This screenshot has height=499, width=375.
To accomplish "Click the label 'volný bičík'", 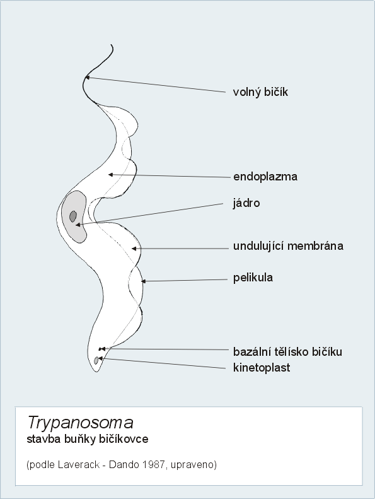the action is click(x=260, y=92).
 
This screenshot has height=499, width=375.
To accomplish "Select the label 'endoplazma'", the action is click(x=265, y=177).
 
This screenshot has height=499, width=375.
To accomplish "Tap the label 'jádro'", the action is click(x=246, y=203).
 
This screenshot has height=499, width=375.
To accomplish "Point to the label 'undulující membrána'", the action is click(x=288, y=246).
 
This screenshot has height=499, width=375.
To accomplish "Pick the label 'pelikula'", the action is click(x=253, y=278).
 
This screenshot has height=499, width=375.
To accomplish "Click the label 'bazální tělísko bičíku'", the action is click(x=287, y=351).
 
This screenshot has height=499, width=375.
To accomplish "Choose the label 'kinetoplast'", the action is click(x=262, y=368).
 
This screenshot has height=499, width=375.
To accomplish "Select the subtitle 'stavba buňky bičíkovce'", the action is click(x=88, y=439).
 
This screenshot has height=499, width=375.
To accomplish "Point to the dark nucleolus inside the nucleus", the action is click(x=73, y=216).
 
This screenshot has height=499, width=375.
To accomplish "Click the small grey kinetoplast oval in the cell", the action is click(x=96, y=361).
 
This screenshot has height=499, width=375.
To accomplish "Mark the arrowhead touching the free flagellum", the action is click(x=88, y=77).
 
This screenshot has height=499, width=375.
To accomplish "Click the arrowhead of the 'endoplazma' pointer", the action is click(x=110, y=174).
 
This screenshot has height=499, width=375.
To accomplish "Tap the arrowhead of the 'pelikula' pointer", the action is click(x=144, y=281).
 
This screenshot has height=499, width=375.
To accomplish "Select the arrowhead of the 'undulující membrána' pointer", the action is click(x=134, y=249).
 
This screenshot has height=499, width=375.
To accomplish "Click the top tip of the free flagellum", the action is click(x=111, y=45).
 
